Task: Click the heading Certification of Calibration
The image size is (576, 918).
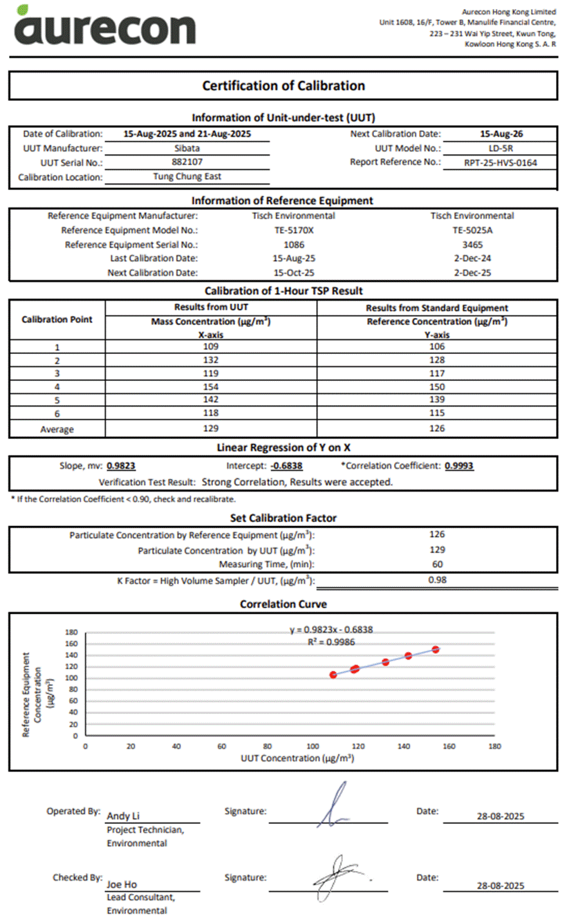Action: pyautogui.click(x=283, y=86)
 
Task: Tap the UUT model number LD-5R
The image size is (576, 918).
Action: pyautogui.click(x=499, y=148)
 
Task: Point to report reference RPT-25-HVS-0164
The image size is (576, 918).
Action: pyautogui.click(x=500, y=163)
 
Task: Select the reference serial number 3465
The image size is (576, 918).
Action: pyautogui.click(x=472, y=244)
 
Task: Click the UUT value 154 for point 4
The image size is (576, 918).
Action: pyautogui.click(x=211, y=386)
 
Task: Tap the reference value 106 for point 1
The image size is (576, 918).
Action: pyautogui.click(x=436, y=346)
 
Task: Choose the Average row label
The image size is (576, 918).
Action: pyautogui.click(x=57, y=429)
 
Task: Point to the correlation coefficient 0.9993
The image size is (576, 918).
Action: pyautogui.click(x=459, y=467)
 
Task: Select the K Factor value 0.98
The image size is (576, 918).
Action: pyautogui.click(x=437, y=580)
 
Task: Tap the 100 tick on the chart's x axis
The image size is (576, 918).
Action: pyautogui.click(x=313, y=747)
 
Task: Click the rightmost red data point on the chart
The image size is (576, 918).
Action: pyautogui.click(x=436, y=650)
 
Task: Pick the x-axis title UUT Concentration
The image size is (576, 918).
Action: pyautogui.click(x=297, y=758)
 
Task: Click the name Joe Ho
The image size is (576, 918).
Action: pyautogui.click(x=122, y=884)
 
